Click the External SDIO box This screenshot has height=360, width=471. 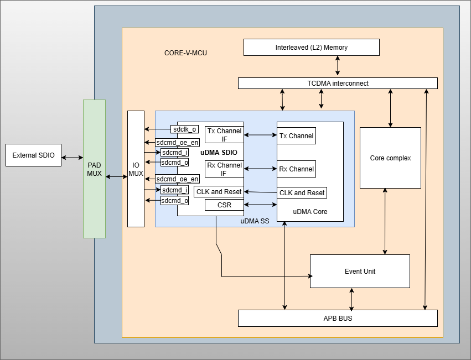pyautogui.click(x=33, y=155)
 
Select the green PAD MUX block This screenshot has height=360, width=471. pyautogui.click(x=94, y=169)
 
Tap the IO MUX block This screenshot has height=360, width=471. pyautogui.click(x=136, y=169)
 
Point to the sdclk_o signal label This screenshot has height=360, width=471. pyautogui.click(x=185, y=129)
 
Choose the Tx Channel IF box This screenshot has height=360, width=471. pyautogui.click(x=224, y=135)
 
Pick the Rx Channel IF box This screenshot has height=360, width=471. pyautogui.click(x=224, y=169)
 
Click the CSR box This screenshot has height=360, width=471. pyautogui.click(x=224, y=205)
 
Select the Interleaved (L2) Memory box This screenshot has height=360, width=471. pyautogui.click(x=312, y=48)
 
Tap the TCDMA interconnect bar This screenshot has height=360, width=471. pyautogui.click(x=338, y=84)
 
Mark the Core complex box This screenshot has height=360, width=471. pyautogui.click(x=390, y=158)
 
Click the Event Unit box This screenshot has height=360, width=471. pyautogui.click(x=360, y=272)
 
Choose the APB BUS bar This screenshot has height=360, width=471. pyautogui.click(x=338, y=319)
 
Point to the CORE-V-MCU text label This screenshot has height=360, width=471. pyautogui.click(x=185, y=53)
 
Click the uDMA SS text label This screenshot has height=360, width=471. pyautogui.click(x=255, y=221)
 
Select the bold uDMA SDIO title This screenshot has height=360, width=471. pyautogui.click(x=219, y=152)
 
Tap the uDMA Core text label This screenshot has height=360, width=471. pyautogui.click(x=310, y=212)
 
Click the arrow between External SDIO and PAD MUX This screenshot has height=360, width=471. pyautogui.click(x=72, y=158)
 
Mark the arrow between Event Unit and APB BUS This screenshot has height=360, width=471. pyautogui.click(x=351, y=299)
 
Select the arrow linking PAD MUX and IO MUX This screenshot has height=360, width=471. pyautogui.click(x=116, y=176)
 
